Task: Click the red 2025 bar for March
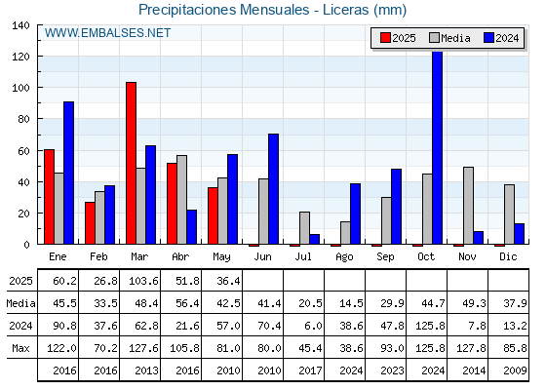[x=132, y=163]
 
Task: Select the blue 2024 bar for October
[x=438, y=147]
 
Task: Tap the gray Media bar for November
[x=468, y=206]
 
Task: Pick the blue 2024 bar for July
[x=314, y=239]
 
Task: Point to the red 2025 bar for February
[x=90, y=223]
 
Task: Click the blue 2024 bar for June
[x=273, y=189]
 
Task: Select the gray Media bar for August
[x=345, y=233]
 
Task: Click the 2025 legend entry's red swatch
[x=385, y=38]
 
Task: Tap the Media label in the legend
[x=455, y=38]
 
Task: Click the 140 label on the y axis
[x=20, y=25]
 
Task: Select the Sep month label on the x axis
[x=385, y=257]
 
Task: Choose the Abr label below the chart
[x=180, y=256]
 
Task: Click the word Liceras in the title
[x=345, y=10]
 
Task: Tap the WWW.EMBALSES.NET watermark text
[x=107, y=33]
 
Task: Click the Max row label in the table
[x=20, y=348]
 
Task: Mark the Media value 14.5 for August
[x=351, y=303]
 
